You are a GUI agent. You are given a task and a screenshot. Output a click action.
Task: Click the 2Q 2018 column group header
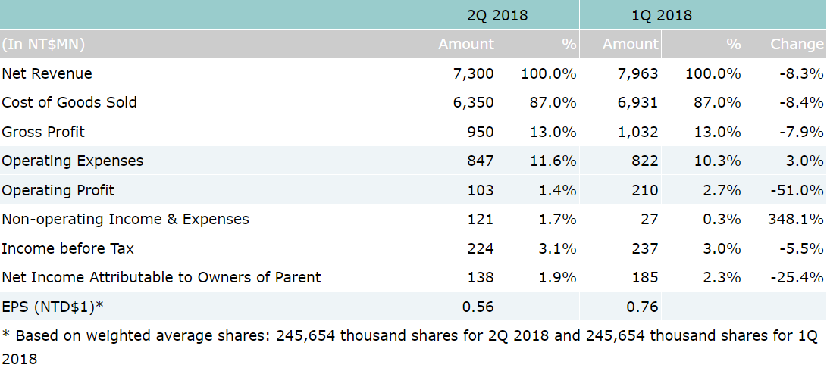[x=497, y=15]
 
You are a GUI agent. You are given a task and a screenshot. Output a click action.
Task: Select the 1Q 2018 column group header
[x=661, y=15]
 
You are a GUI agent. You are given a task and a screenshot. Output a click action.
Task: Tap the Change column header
[x=796, y=44]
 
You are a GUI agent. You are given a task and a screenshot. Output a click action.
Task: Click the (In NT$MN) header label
[x=43, y=44]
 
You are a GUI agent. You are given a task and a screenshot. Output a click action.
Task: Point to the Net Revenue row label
[x=47, y=73]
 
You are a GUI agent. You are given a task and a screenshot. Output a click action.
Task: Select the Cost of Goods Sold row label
[x=69, y=102]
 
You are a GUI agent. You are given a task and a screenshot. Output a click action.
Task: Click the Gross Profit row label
[x=43, y=132]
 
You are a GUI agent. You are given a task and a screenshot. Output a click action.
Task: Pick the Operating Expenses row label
[x=72, y=161]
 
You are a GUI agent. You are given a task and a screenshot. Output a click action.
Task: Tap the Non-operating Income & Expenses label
[x=125, y=219]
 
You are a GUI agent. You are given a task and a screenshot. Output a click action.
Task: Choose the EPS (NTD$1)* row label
[x=52, y=307]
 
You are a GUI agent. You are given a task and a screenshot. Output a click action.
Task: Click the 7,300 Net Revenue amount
[x=474, y=73]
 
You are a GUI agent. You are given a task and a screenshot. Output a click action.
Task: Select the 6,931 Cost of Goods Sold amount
[x=638, y=102]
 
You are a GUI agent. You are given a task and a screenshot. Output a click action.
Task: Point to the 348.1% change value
[x=795, y=219]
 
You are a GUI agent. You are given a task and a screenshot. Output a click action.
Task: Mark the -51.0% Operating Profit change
[x=797, y=190]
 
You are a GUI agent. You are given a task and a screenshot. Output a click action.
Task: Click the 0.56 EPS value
[x=478, y=307]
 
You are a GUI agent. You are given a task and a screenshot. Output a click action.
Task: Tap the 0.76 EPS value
[x=642, y=307]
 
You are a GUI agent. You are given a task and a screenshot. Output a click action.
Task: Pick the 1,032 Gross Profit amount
[x=638, y=132]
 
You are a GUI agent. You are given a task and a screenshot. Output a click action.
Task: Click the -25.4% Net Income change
[x=797, y=277]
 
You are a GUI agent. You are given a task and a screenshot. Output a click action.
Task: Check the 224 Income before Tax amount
[x=481, y=248]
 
